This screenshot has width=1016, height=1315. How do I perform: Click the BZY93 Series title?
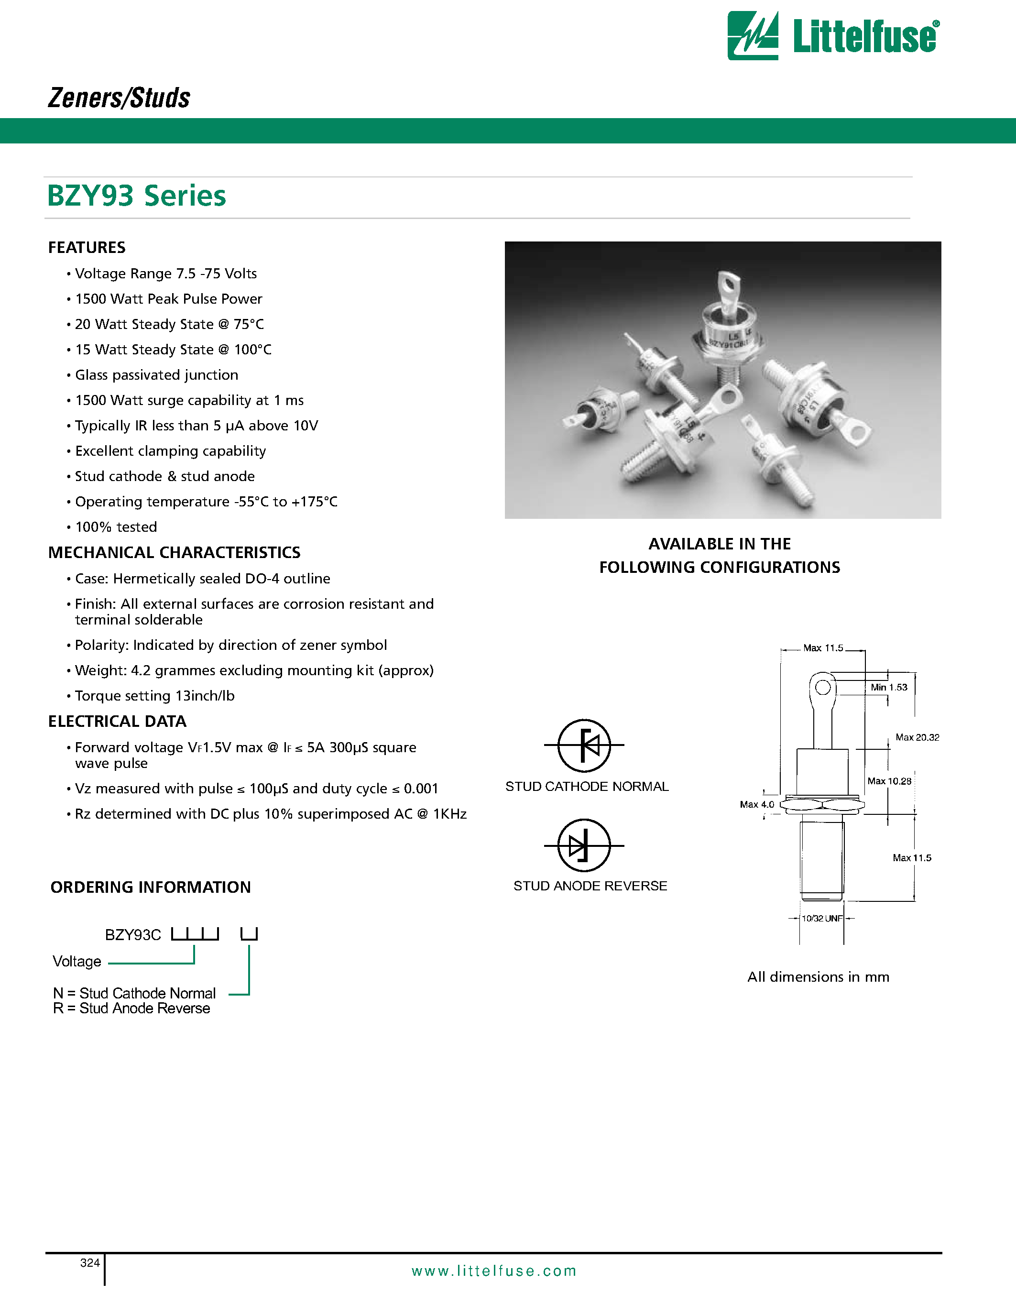137,196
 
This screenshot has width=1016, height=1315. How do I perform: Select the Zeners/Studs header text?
119,98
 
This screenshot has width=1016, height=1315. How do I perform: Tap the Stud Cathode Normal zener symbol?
584,745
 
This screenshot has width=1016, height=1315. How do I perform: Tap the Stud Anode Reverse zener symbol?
584,845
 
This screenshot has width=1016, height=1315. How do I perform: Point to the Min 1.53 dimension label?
888,687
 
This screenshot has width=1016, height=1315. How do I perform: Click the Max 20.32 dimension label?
917,737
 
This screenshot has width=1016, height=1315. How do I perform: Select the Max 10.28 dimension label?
889,781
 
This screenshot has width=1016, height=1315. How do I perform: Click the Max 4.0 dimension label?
756,804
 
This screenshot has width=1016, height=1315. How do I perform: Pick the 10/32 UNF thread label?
821,918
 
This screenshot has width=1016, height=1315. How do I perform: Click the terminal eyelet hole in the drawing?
823,687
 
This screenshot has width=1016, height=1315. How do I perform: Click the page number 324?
90,1262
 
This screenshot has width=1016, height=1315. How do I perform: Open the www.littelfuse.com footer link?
493,1271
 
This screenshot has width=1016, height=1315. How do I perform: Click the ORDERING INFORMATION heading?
151,887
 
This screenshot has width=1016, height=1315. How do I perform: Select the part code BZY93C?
133,935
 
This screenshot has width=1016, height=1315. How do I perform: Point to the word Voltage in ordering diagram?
77,962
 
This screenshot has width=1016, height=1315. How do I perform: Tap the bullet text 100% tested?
116,527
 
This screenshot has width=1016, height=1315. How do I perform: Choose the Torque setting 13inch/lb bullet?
154,695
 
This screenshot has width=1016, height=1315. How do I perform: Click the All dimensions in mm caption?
818,976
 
